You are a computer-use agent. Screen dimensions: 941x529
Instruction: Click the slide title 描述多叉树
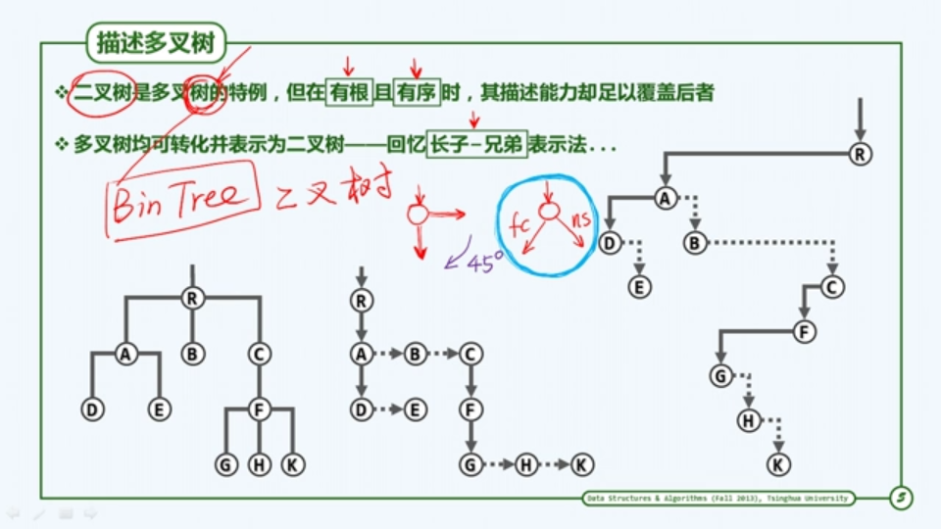coord(157,43)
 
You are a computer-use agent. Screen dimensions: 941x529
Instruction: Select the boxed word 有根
coord(349,93)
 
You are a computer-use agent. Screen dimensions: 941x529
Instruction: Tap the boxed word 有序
coord(418,93)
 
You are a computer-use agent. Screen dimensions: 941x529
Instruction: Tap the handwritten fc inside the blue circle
coord(520,224)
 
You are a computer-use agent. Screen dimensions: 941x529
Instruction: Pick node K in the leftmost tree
coord(292,464)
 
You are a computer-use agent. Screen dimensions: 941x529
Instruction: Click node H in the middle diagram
coord(526,464)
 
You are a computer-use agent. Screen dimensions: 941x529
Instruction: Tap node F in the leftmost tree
coord(259,409)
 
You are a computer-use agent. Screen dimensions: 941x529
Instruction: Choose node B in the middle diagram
coord(416,354)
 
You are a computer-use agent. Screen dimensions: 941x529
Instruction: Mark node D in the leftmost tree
coord(93,409)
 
